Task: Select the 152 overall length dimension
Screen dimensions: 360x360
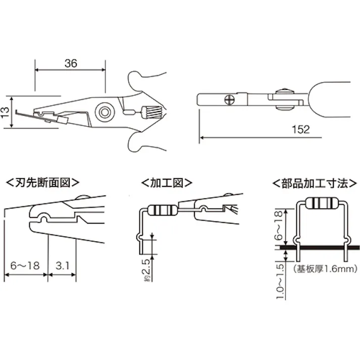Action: tap(300, 129)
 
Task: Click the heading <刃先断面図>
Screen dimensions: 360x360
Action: tap(43, 182)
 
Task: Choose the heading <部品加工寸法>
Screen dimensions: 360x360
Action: tap(310, 182)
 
